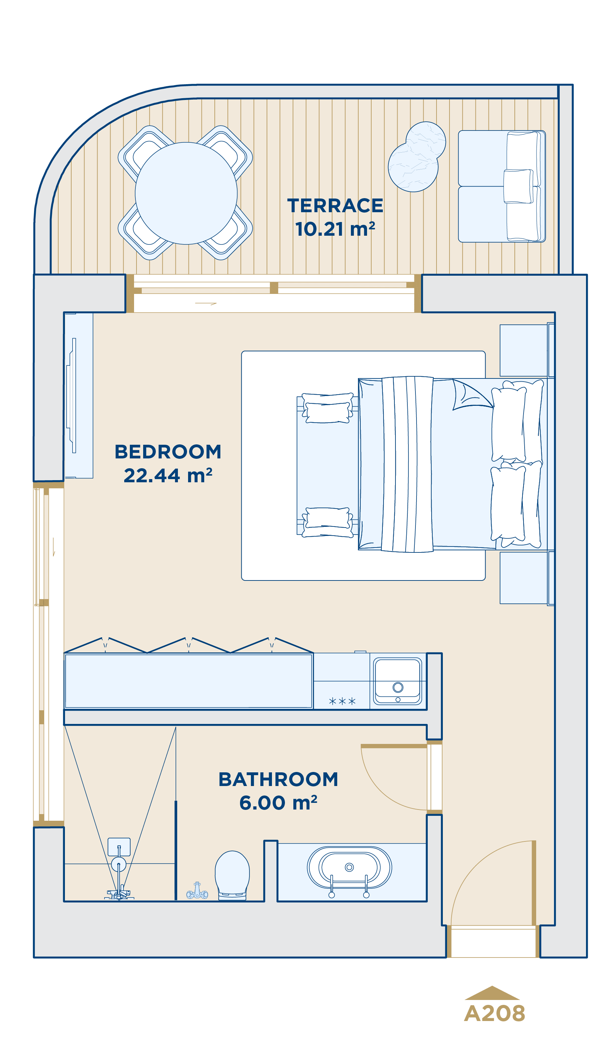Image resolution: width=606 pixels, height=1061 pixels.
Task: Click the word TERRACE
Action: (335, 206)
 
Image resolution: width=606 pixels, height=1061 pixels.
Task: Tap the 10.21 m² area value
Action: (335, 229)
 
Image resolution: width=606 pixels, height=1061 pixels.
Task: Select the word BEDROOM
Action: (168, 452)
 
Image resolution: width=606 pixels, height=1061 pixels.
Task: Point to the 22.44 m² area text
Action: (168, 475)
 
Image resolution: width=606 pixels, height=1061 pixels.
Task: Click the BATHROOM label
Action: (278, 779)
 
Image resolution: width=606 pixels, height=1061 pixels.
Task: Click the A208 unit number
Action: (494, 1014)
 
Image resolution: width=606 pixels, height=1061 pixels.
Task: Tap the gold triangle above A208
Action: (492, 994)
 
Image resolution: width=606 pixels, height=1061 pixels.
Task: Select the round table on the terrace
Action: (186, 193)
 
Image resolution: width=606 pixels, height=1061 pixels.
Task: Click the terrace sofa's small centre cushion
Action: (518, 186)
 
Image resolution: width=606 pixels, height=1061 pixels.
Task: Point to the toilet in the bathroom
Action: (232, 875)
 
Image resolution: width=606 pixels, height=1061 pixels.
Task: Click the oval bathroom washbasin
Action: (349, 867)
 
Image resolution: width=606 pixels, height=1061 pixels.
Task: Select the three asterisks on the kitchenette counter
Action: (342, 701)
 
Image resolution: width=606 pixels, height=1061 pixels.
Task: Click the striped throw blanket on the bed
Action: (407, 464)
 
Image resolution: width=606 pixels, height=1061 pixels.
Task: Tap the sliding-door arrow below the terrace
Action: (206, 304)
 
